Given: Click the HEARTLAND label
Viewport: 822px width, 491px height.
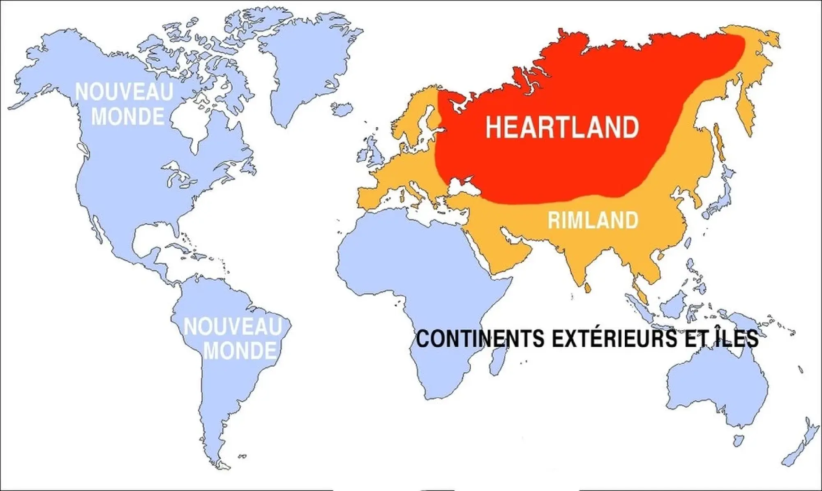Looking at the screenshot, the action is tap(562, 127).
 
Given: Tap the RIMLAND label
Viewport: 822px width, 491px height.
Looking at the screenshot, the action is tap(593, 221).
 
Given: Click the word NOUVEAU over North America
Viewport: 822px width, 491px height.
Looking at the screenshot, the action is tap(124, 92).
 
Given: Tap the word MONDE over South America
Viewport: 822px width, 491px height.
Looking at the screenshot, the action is tap(240, 351).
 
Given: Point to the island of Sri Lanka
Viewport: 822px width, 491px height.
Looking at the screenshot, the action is tap(588, 288).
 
